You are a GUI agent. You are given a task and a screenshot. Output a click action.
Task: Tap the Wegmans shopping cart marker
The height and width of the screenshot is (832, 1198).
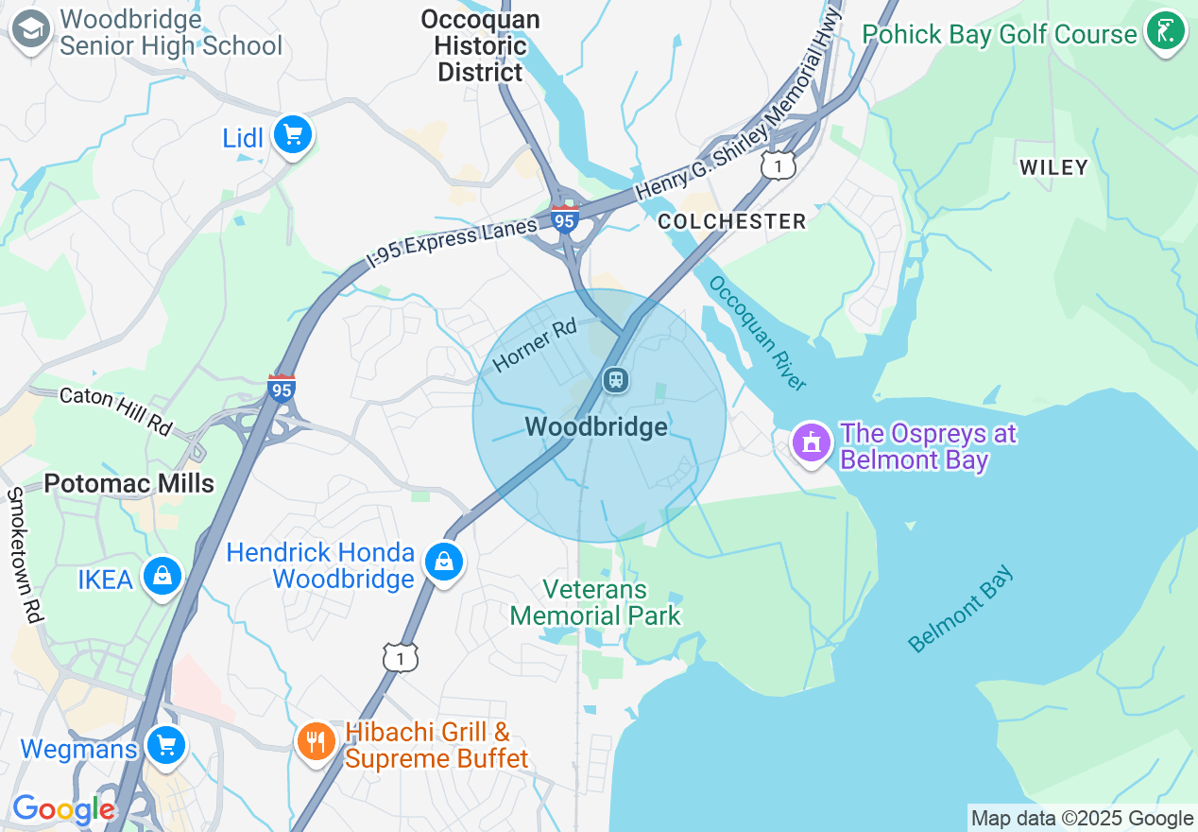[166, 745]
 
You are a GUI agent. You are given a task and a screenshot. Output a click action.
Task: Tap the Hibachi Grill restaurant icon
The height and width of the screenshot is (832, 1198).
[316, 741]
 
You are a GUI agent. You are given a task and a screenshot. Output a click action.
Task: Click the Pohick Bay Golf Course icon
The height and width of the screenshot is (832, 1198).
[1165, 31]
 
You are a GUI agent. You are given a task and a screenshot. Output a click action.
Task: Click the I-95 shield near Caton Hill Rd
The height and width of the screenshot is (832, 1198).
[281, 388]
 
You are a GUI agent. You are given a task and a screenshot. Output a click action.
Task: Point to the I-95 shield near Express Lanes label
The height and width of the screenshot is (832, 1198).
[564, 219]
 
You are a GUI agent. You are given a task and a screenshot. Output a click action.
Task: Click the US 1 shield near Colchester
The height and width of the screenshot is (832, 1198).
[779, 165]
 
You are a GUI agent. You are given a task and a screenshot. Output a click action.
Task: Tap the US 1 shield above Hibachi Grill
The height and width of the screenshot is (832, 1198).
[401, 657]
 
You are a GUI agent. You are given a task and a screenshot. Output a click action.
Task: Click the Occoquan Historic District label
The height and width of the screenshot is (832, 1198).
[480, 45]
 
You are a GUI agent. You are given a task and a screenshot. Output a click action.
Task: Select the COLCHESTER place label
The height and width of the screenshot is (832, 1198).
[732, 221]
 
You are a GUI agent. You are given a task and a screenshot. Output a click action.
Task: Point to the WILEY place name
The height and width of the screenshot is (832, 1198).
[1053, 167]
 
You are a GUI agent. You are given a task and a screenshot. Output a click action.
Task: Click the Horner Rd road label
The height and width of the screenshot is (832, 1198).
[534, 345]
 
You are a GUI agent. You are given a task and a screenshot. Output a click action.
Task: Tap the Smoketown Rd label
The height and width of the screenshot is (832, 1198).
[26, 555]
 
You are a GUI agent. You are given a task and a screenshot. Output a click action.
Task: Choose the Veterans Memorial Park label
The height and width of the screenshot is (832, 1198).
[595, 603]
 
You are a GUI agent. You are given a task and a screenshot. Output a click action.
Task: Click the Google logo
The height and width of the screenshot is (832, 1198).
[62, 809]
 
